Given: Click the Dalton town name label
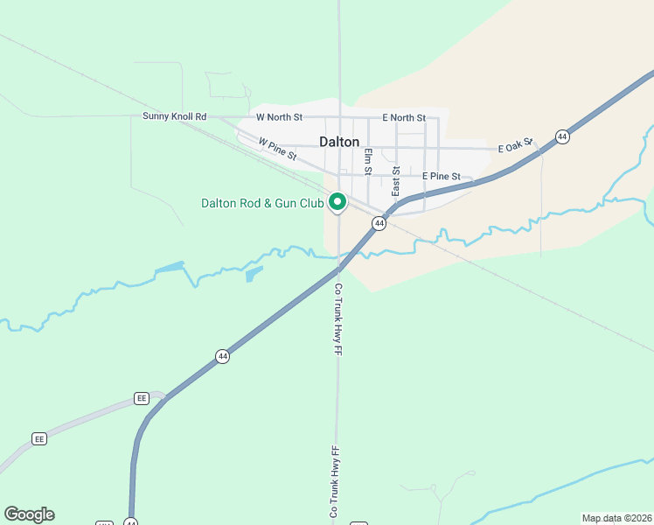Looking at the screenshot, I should (338, 141).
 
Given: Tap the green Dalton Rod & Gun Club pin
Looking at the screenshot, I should (337, 202).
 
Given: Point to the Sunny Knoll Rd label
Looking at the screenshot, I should (175, 116).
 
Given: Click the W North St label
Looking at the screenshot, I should (279, 117).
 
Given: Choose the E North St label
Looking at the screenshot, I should (404, 117).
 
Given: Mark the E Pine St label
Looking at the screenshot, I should (441, 177).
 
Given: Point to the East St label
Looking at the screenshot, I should (396, 181).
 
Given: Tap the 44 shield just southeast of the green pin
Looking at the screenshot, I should (379, 224).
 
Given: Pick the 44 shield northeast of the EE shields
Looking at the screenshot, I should (223, 356).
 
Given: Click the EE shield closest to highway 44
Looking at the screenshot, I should (142, 398).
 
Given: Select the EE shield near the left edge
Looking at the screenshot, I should (39, 438).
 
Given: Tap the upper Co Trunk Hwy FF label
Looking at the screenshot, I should (337, 318).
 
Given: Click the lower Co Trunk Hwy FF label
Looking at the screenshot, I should (333, 484).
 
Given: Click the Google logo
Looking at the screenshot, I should (29, 514).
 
